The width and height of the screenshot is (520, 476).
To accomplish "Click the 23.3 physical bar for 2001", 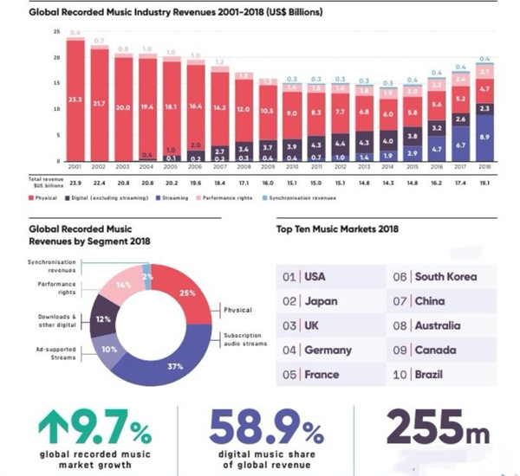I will pyautogui.click(x=75, y=100).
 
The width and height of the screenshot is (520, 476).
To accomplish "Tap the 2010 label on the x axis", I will pyautogui.click(x=292, y=167).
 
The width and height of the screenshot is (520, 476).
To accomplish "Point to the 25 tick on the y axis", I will pyautogui.click(x=56, y=32).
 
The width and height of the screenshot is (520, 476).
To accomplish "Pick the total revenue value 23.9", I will pyautogui.click(x=75, y=183).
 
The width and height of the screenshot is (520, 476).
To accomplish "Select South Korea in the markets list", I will pyautogui.click(x=445, y=277).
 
